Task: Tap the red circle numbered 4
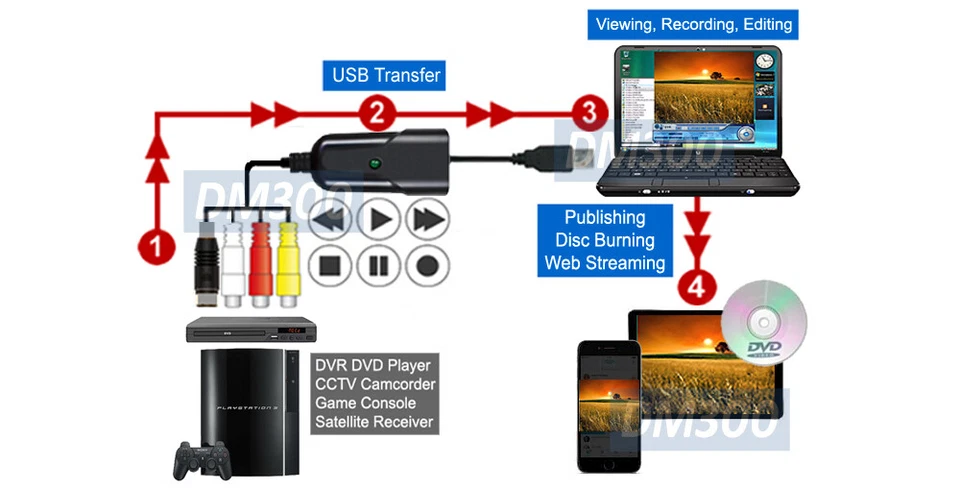click(x=697, y=286)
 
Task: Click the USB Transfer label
click(x=386, y=75)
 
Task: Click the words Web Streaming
click(x=604, y=263)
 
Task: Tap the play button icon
click(x=378, y=219)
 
